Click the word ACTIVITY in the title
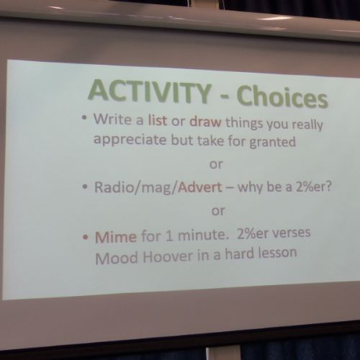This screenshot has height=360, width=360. (150, 91)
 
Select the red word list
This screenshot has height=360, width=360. (158, 120)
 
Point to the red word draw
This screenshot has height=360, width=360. (205, 121)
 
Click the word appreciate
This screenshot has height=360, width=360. (130, 140)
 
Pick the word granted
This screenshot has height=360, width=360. (272, 143)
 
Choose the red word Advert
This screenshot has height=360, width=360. (200, 187)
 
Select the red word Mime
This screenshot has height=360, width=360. (116, 237)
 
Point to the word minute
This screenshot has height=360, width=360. (203, 235)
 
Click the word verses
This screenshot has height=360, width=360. (290, 233)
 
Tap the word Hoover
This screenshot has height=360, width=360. (168, 256)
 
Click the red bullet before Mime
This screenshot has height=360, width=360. (85, 238)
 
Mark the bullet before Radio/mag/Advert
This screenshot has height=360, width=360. (84, 186)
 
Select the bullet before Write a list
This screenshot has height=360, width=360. (84, 117)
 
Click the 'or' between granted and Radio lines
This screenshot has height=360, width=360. (216, 165)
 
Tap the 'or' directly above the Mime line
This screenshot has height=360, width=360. (218, 211)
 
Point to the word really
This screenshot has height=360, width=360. (307, 125)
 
